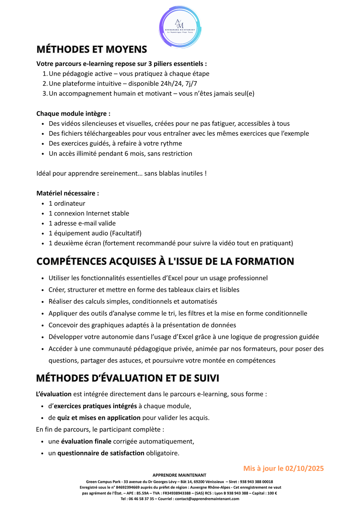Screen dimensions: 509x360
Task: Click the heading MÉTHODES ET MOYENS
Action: [92, 49]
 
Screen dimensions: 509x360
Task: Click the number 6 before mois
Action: [126, 153]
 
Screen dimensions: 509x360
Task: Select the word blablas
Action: [158, 173]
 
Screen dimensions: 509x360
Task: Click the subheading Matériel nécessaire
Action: [68, 193]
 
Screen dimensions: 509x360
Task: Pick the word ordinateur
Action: [70, 203]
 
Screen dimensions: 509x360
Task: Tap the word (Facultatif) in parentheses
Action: [126, 233]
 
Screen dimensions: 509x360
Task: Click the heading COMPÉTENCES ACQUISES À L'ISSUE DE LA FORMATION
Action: [165, 261]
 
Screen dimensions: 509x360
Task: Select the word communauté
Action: [112, 349]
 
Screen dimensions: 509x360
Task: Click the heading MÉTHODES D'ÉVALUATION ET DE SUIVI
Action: [128, 378]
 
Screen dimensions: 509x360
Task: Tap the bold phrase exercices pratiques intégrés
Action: [95, 406]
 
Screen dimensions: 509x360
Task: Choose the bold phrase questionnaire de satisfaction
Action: [101, 453]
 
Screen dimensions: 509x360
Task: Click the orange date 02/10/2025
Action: [304, 468]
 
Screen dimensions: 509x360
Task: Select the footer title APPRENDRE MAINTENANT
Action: [179, 475]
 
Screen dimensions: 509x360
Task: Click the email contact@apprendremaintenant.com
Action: [207, 499]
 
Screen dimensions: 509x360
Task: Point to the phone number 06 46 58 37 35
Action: [141, 499]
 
